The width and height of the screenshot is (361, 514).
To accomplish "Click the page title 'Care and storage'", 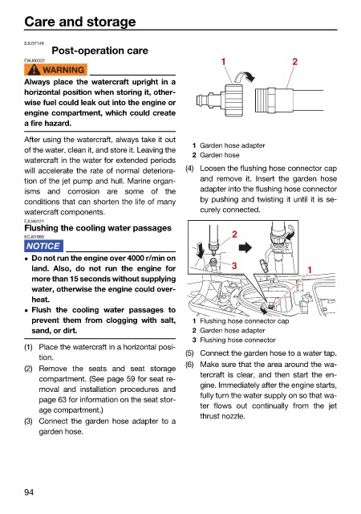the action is click(80, 22).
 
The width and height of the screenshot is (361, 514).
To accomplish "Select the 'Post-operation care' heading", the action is click(100, 51).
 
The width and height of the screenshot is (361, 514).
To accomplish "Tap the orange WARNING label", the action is click(55, 70).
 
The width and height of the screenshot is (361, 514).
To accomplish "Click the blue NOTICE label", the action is click(43, 246).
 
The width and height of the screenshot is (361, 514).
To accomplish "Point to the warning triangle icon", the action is click(34, 70).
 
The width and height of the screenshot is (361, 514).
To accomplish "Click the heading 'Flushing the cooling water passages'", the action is click(98, 228).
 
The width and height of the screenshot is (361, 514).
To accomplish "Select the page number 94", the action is click(29, 492).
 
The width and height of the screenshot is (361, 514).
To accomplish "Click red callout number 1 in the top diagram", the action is click(223, 61).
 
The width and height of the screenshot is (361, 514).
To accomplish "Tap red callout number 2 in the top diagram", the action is click(295, 61).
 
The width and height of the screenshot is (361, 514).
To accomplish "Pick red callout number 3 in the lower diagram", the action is click(234, 265).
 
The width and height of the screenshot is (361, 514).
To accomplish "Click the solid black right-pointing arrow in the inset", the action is click(245, 247).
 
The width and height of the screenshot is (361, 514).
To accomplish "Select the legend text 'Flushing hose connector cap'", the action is click(245, 321).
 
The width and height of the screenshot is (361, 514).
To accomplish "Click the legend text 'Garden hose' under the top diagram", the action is click(220, 155).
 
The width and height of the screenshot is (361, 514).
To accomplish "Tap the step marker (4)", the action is click(189, 169).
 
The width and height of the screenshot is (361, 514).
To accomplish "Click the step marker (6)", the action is click(189, 365).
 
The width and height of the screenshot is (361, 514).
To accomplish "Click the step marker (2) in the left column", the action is click(29, 369).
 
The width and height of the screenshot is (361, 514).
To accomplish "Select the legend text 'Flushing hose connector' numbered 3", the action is click(237, 340).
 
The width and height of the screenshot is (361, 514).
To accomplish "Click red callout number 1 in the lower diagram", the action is click(309, 270).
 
